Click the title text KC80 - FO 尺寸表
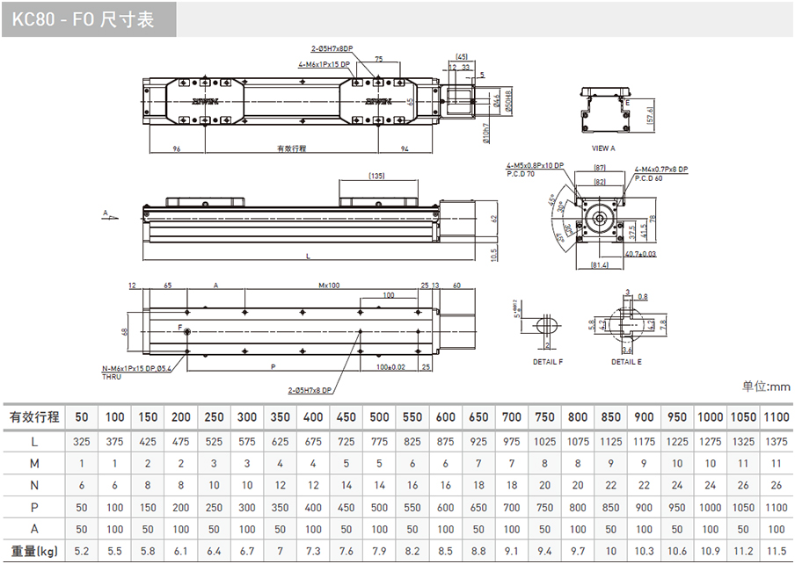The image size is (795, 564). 84,19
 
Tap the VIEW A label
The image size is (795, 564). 603,148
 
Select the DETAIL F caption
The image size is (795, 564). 548,362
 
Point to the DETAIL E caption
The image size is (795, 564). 626,362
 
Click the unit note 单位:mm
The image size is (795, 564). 766,387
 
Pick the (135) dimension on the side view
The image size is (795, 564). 376,176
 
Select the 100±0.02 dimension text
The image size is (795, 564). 389,365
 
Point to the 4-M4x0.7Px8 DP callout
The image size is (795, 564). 661,168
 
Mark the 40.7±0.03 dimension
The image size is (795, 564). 639,254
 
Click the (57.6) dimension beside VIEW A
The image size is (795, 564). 650,116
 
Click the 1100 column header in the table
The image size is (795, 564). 775,416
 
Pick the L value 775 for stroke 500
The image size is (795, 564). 379,440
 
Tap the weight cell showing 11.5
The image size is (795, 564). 775,551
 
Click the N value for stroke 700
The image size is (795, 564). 512,485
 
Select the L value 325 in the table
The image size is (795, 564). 81,440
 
